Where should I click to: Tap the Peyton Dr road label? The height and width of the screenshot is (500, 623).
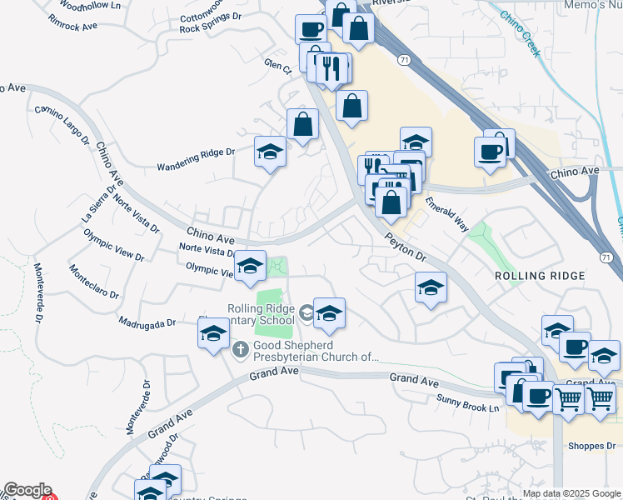click(x=406, y=248)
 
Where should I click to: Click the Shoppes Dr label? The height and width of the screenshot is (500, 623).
click(x=591, y=446)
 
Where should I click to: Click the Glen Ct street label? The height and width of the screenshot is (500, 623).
click(x=275, y=69)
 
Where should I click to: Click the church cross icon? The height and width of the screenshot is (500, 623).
click(x=240, y=348)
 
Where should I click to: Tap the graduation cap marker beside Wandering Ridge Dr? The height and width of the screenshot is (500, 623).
click(x=270, y=152)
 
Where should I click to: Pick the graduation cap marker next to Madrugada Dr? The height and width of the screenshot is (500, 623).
click(x=213, y=334)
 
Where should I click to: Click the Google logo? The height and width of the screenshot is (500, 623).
click(x=27, y=491)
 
